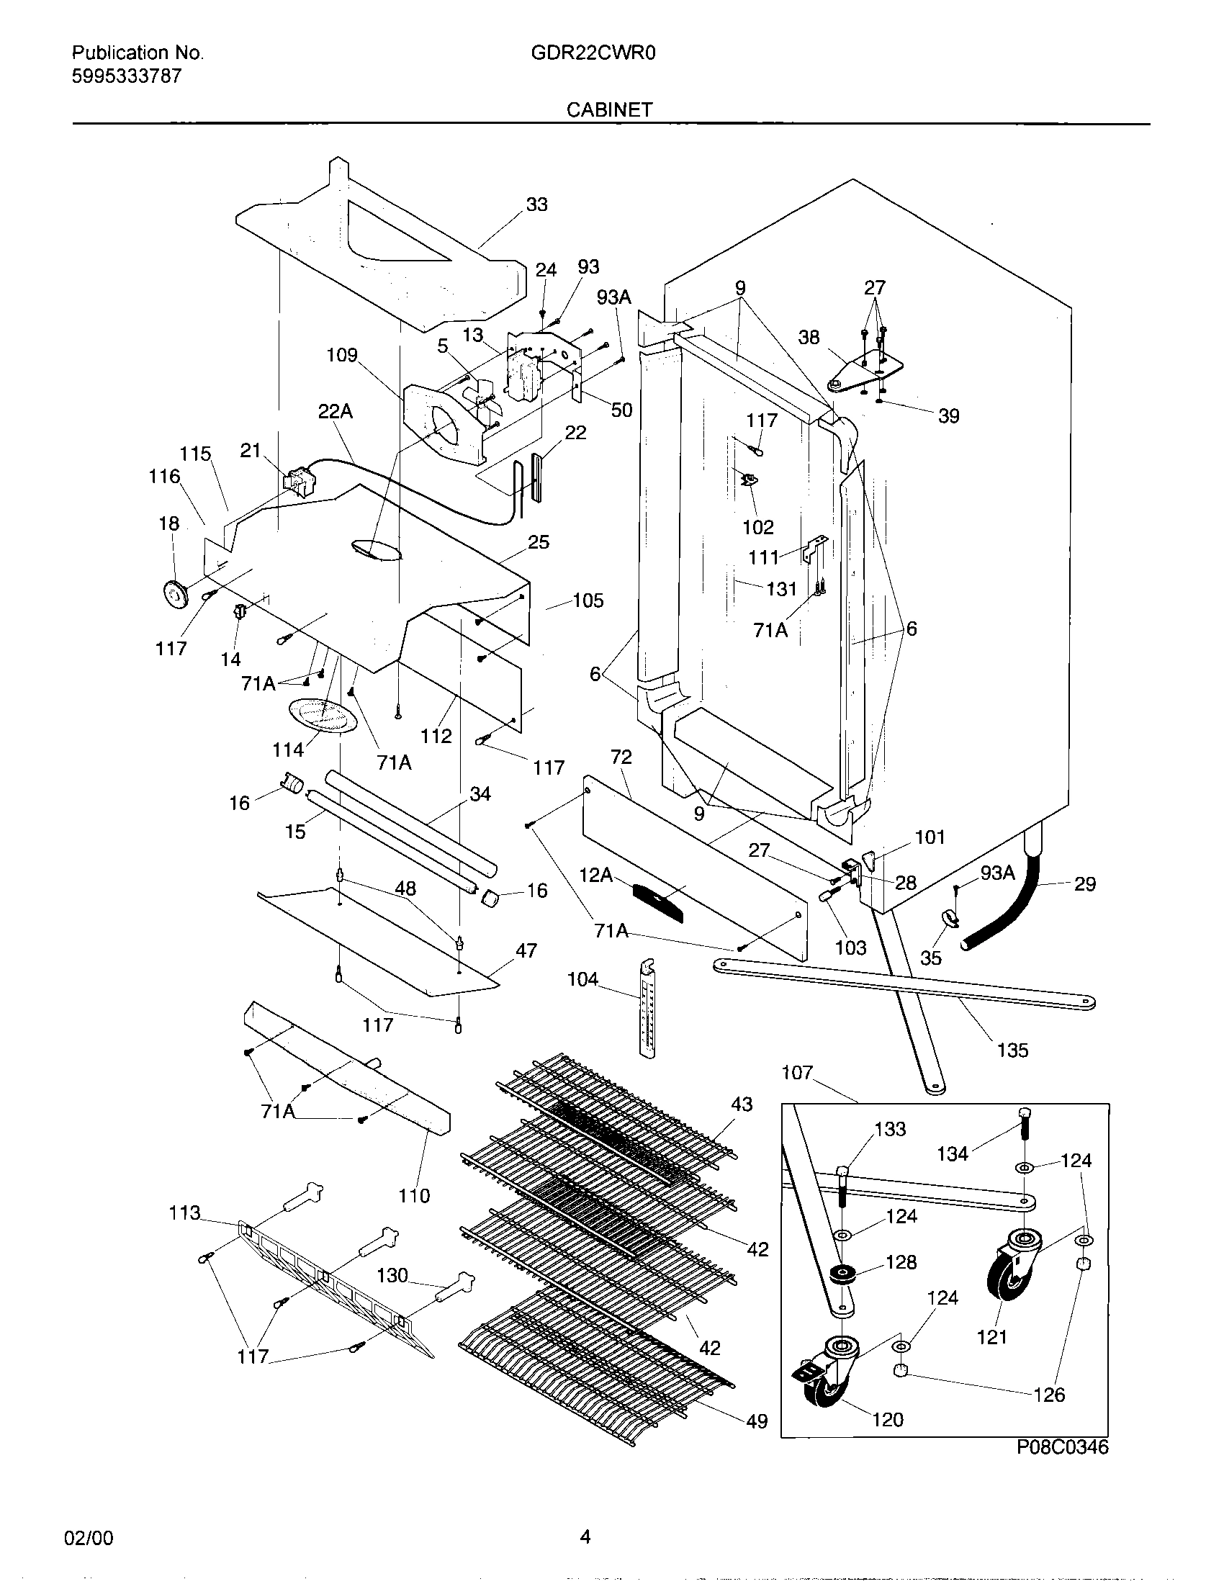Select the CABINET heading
[x=609, y=109]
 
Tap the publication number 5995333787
[x=126, y=76]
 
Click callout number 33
[x=536, y=204]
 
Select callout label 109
[x=341, y=355]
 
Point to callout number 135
[x=1012, y=1050]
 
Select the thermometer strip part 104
[x=647, y=1009]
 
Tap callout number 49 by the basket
[x=756, y=1421]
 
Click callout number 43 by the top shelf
[x=741, y=1104]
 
